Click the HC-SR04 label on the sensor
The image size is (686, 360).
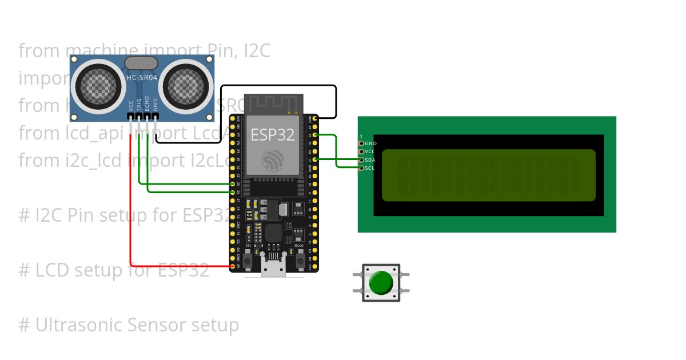141,77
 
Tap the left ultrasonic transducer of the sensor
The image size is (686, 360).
98,87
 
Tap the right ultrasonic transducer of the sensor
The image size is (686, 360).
185,87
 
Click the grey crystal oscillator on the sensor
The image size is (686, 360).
141,62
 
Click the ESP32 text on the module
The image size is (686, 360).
273,135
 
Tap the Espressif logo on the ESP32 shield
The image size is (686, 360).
273,159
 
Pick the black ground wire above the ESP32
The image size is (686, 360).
274,86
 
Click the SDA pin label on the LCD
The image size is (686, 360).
370,160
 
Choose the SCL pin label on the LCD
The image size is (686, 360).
370,168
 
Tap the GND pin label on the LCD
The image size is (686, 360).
370,143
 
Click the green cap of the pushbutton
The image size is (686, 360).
381,283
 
